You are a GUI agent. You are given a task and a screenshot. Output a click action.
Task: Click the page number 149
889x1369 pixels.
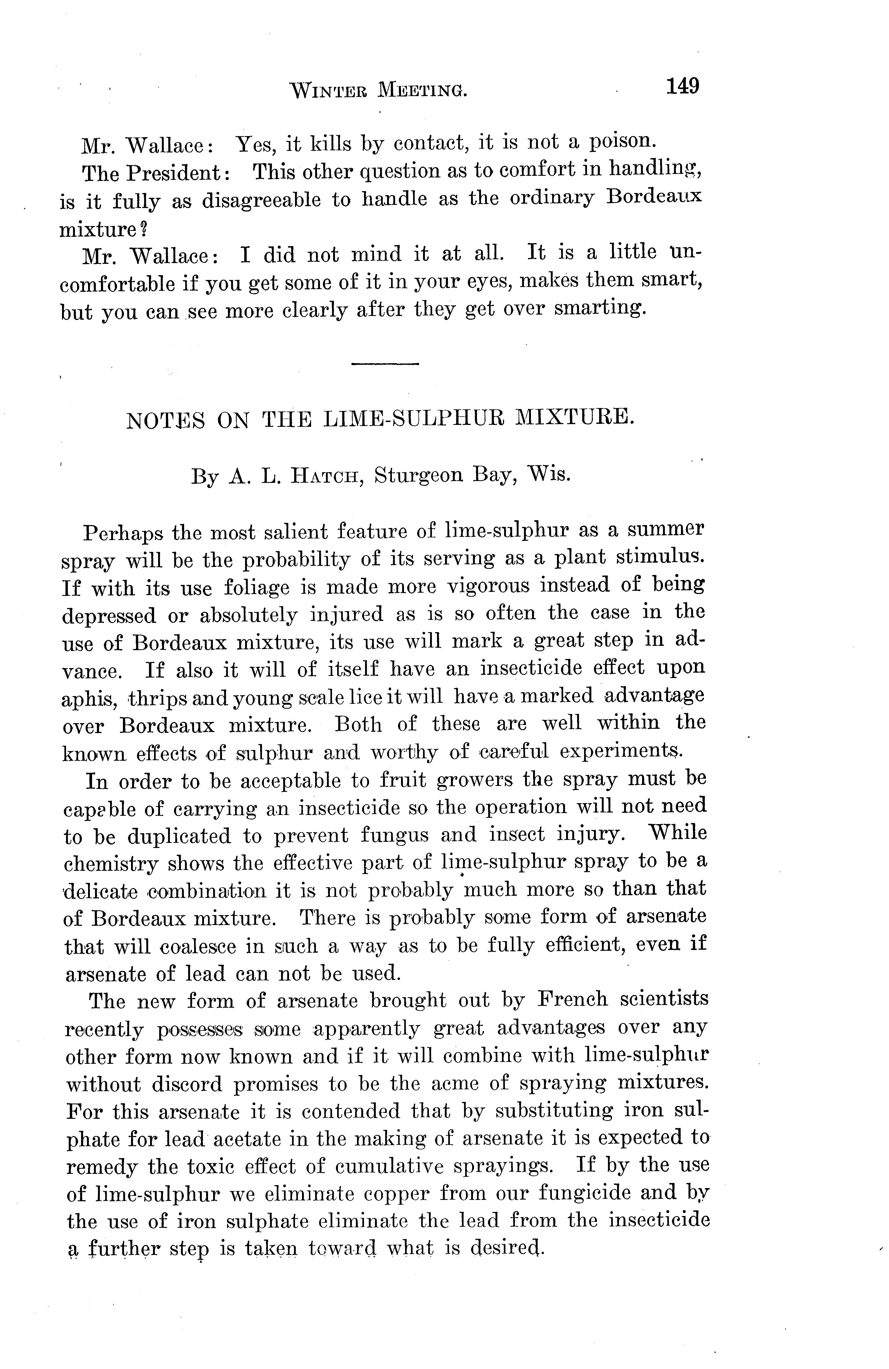(683, 86)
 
